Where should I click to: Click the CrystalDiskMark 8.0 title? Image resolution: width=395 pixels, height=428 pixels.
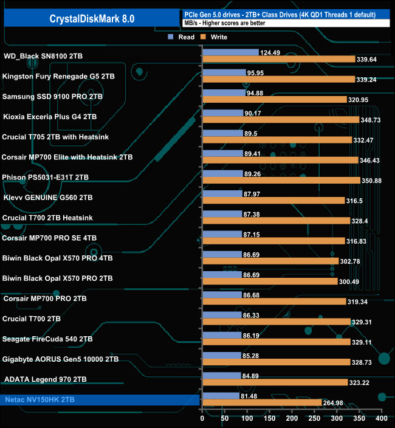92,19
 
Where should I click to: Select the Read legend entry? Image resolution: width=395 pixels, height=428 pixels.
182,37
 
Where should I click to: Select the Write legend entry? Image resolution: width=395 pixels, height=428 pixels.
215,37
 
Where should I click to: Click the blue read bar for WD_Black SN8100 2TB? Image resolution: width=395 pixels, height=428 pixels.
230,52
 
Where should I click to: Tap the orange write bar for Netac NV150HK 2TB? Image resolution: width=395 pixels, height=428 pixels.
262,402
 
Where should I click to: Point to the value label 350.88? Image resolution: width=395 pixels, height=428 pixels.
372,180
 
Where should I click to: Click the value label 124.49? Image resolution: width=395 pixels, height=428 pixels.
273,52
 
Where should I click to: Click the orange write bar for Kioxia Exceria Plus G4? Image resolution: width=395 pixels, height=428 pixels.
281,120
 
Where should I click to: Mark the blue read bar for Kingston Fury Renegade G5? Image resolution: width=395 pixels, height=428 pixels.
224,72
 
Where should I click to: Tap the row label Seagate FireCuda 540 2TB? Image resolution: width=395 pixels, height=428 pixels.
47,339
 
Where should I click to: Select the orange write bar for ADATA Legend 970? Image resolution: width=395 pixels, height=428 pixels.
275,382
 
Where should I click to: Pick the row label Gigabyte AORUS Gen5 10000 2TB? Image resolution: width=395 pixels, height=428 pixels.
60,359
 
